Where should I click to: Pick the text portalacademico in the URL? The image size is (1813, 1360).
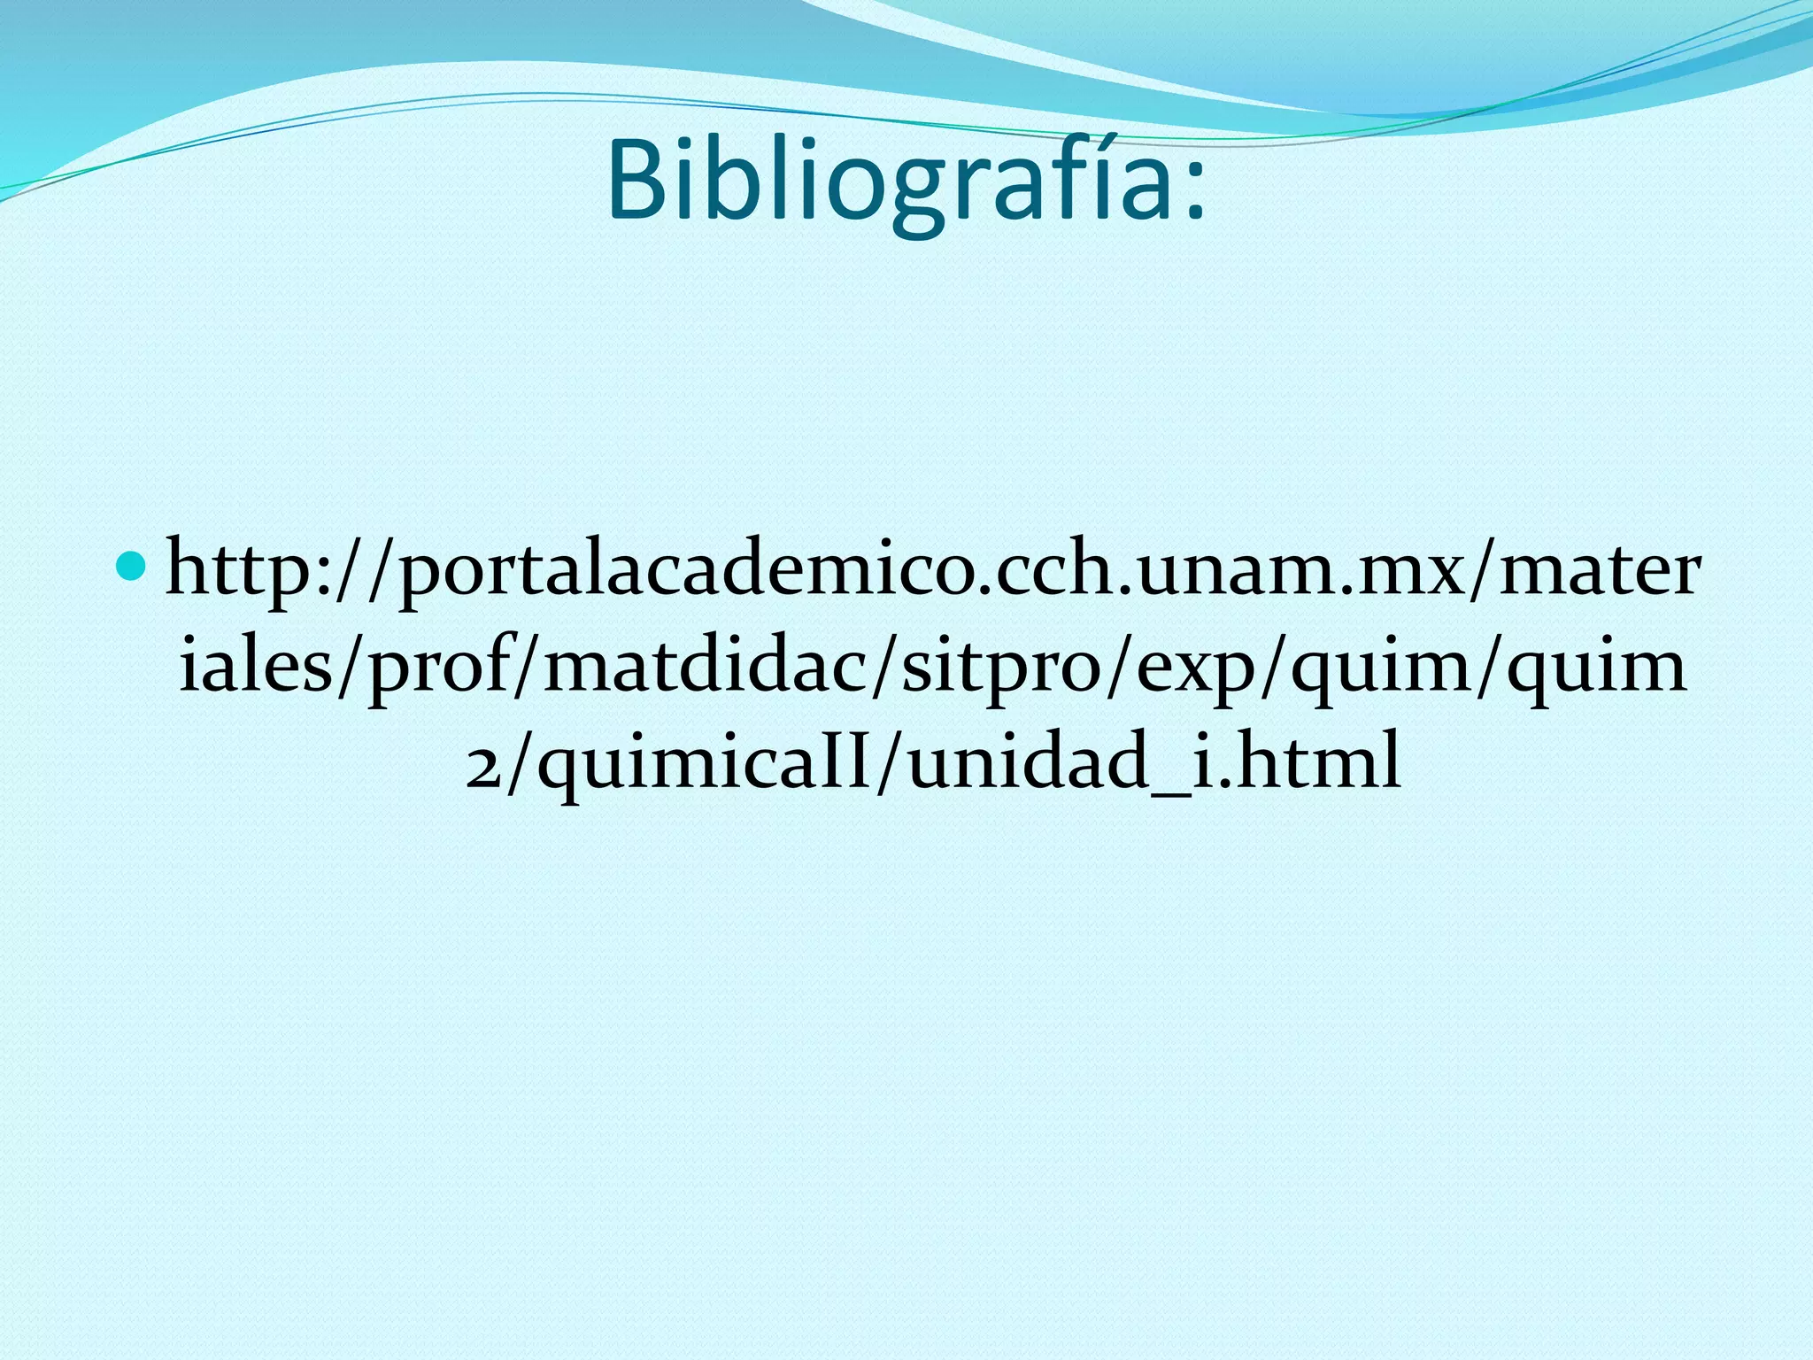690,572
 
